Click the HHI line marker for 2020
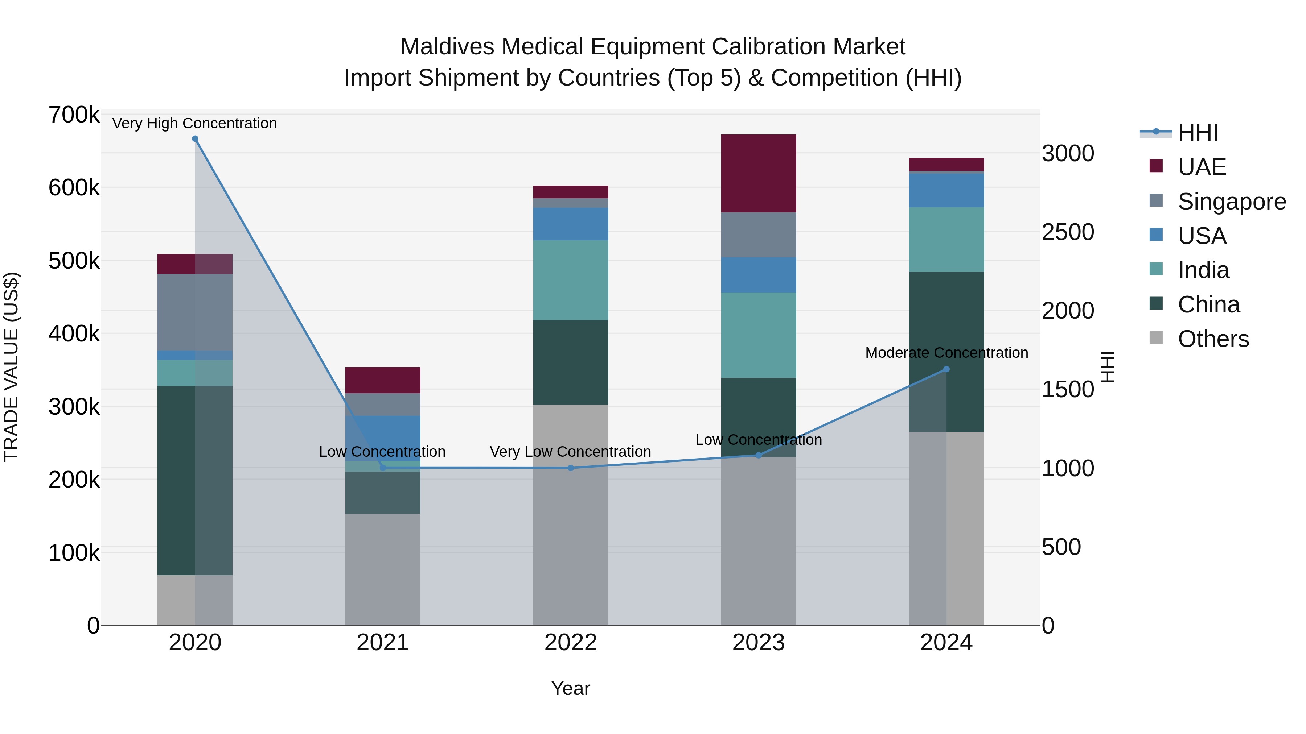click(x=195, y=139)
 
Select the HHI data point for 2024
click(x=946, y=369)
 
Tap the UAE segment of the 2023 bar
click(x=759, y=173)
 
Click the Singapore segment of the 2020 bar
click(x=195, y=312)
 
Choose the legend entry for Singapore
click(x=1232, y=202)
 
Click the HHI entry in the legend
click(x=1198, y=133)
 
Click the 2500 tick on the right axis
click(x=1068, y=232)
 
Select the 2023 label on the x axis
click(x=759, y=643)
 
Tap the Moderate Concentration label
click(x=946, y=353)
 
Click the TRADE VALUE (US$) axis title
click(x=11, y=367)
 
